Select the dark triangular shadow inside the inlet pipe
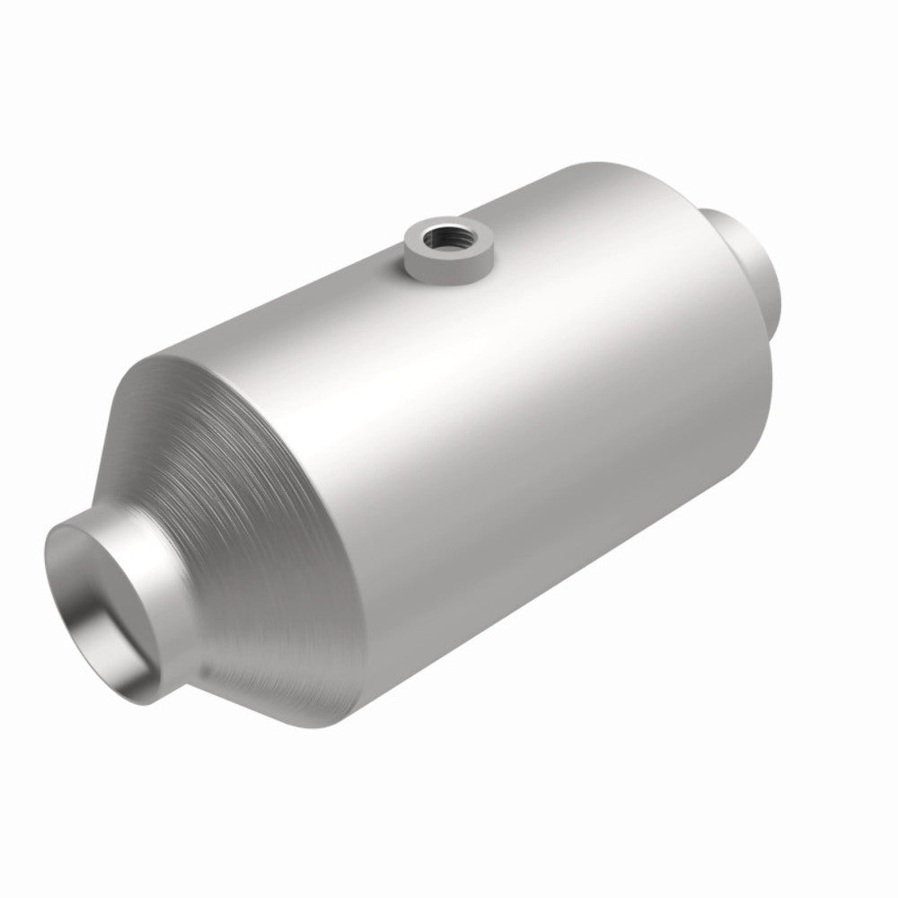[135, 620]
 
